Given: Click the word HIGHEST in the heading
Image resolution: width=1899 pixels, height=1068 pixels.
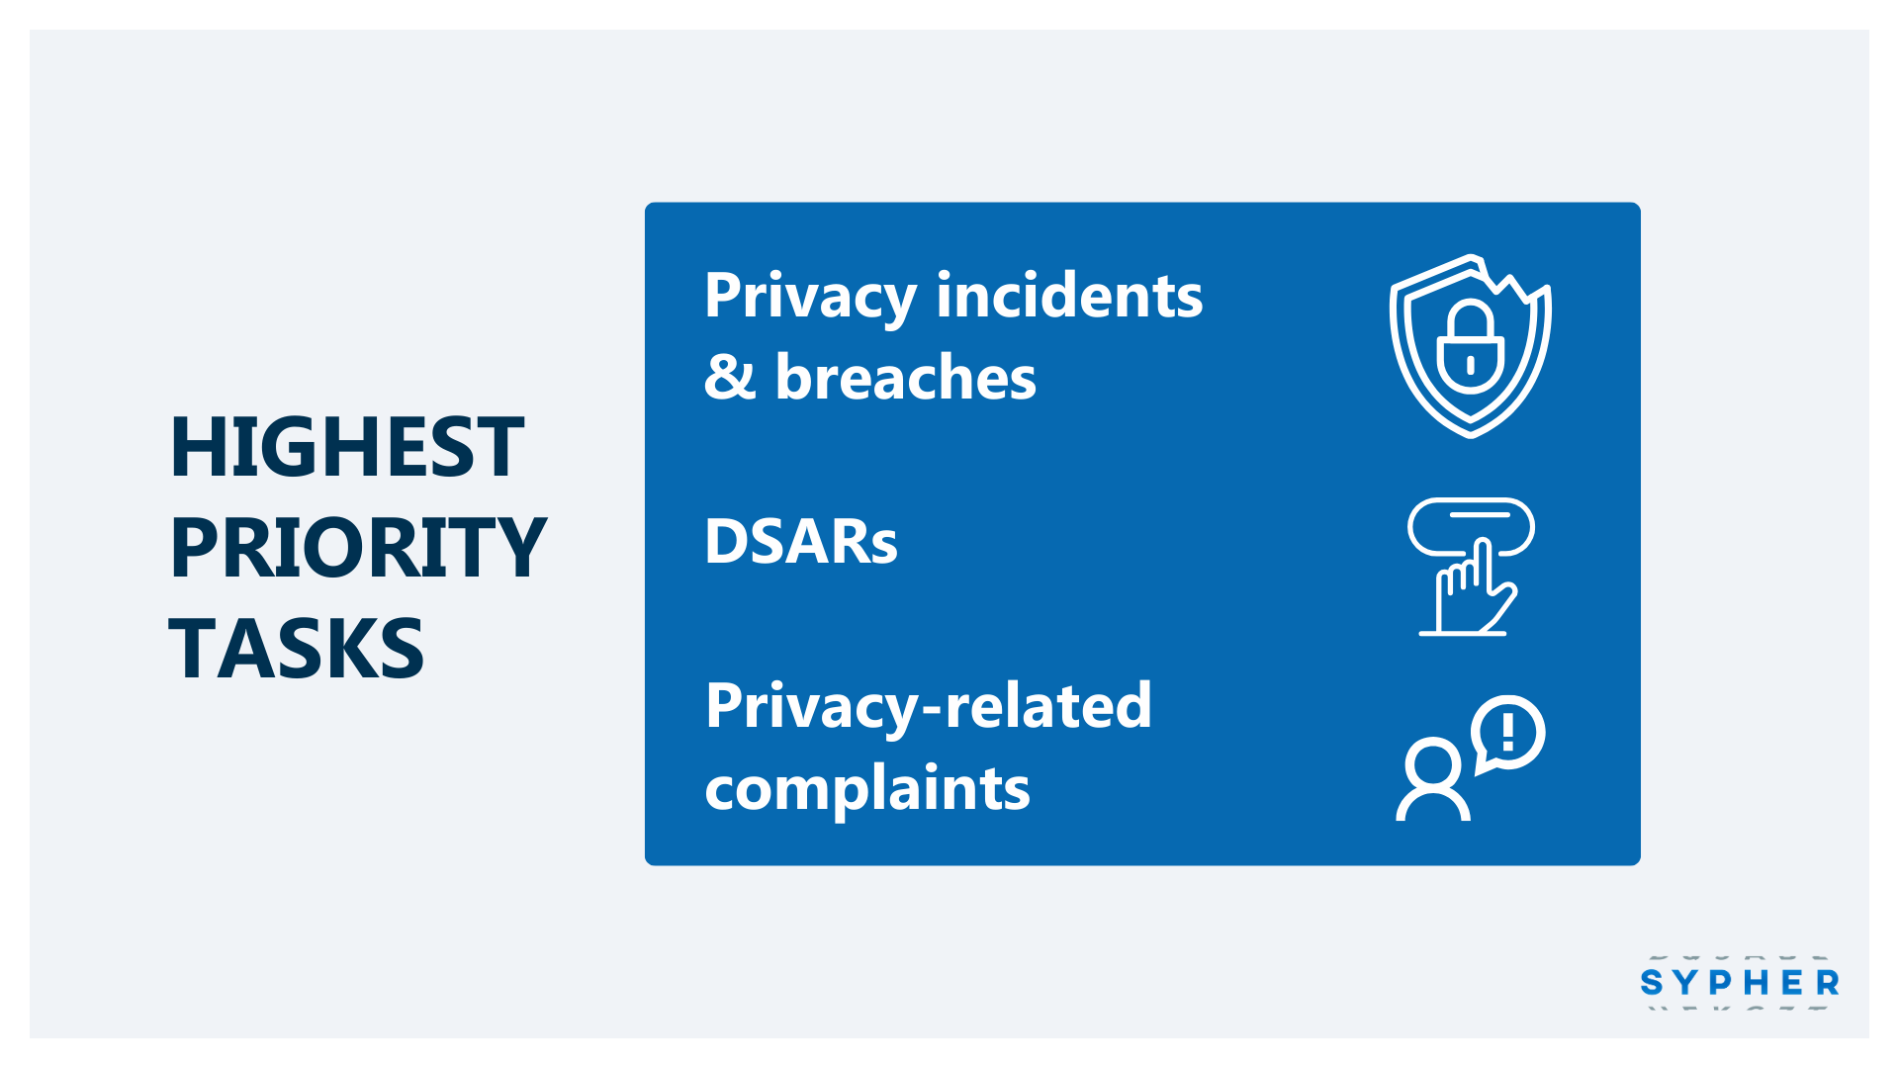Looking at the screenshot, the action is point(346,447).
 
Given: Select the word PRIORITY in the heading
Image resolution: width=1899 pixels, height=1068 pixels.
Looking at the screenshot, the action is point(358,548).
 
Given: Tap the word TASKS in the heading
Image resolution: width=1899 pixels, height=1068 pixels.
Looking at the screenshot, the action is point(297,649).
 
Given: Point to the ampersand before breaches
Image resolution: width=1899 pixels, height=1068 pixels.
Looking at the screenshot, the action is point(730,377).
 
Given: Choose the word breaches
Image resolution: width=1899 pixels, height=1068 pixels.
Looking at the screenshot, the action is point(906,377).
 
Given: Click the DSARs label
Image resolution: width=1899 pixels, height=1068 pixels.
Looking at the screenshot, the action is point(801,542).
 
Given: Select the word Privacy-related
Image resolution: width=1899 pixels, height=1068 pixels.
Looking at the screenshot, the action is point(929,708).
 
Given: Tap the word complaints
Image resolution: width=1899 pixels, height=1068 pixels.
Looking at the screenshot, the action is point(867,789).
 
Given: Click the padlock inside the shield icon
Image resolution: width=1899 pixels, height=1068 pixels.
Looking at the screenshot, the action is point(1471,347).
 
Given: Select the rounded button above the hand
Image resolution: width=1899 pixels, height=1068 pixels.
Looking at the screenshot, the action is point(1471,527).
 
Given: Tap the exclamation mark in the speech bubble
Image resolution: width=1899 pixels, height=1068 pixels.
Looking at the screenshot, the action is point(1508,732).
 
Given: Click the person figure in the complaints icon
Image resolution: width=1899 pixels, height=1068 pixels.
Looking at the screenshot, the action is point(1432,780).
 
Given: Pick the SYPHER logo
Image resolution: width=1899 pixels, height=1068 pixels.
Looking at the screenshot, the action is point(1740,982).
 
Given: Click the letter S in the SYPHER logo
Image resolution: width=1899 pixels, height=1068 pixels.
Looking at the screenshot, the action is point(1651,982).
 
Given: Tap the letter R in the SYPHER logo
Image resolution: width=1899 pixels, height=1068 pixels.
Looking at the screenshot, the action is point(1828,982).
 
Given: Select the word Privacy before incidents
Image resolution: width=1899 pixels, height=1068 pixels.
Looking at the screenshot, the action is point(810,297).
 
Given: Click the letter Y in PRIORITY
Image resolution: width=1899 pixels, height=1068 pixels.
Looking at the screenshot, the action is point(523,548).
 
